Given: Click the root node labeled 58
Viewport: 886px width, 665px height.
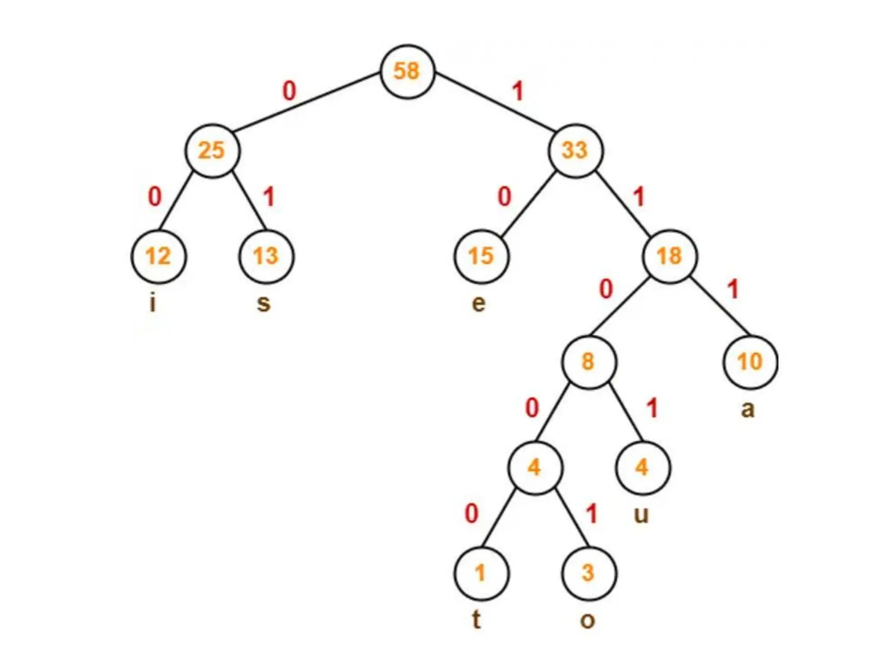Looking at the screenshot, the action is [x=407, y=71].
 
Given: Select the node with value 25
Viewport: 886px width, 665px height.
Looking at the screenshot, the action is [x=212, y=151].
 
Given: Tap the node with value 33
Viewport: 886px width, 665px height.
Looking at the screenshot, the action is [x=575, y=151].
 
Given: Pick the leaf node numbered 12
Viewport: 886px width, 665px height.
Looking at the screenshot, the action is [x=158, y=256].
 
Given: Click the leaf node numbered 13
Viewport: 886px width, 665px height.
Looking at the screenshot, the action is [x=266, y=256].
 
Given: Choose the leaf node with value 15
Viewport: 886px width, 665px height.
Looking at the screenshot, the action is [x=482, y=256].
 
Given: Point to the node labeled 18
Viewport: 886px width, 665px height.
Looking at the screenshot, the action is [x=670, y=256].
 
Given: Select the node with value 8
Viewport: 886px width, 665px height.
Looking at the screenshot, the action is [x=589, y=362].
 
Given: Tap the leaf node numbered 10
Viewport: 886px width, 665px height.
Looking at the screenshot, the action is [x=750, y=362].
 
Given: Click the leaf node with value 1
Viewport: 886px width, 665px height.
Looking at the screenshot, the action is [x=481, y=573].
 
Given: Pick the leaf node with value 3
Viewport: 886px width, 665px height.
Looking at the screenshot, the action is [x=589, y=573].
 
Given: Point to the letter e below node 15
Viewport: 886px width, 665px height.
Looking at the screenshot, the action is [x=478, y=303].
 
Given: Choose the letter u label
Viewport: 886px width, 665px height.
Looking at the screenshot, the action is [x=641, y=515].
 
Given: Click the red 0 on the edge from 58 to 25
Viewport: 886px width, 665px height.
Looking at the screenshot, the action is [x=289, y=91].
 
